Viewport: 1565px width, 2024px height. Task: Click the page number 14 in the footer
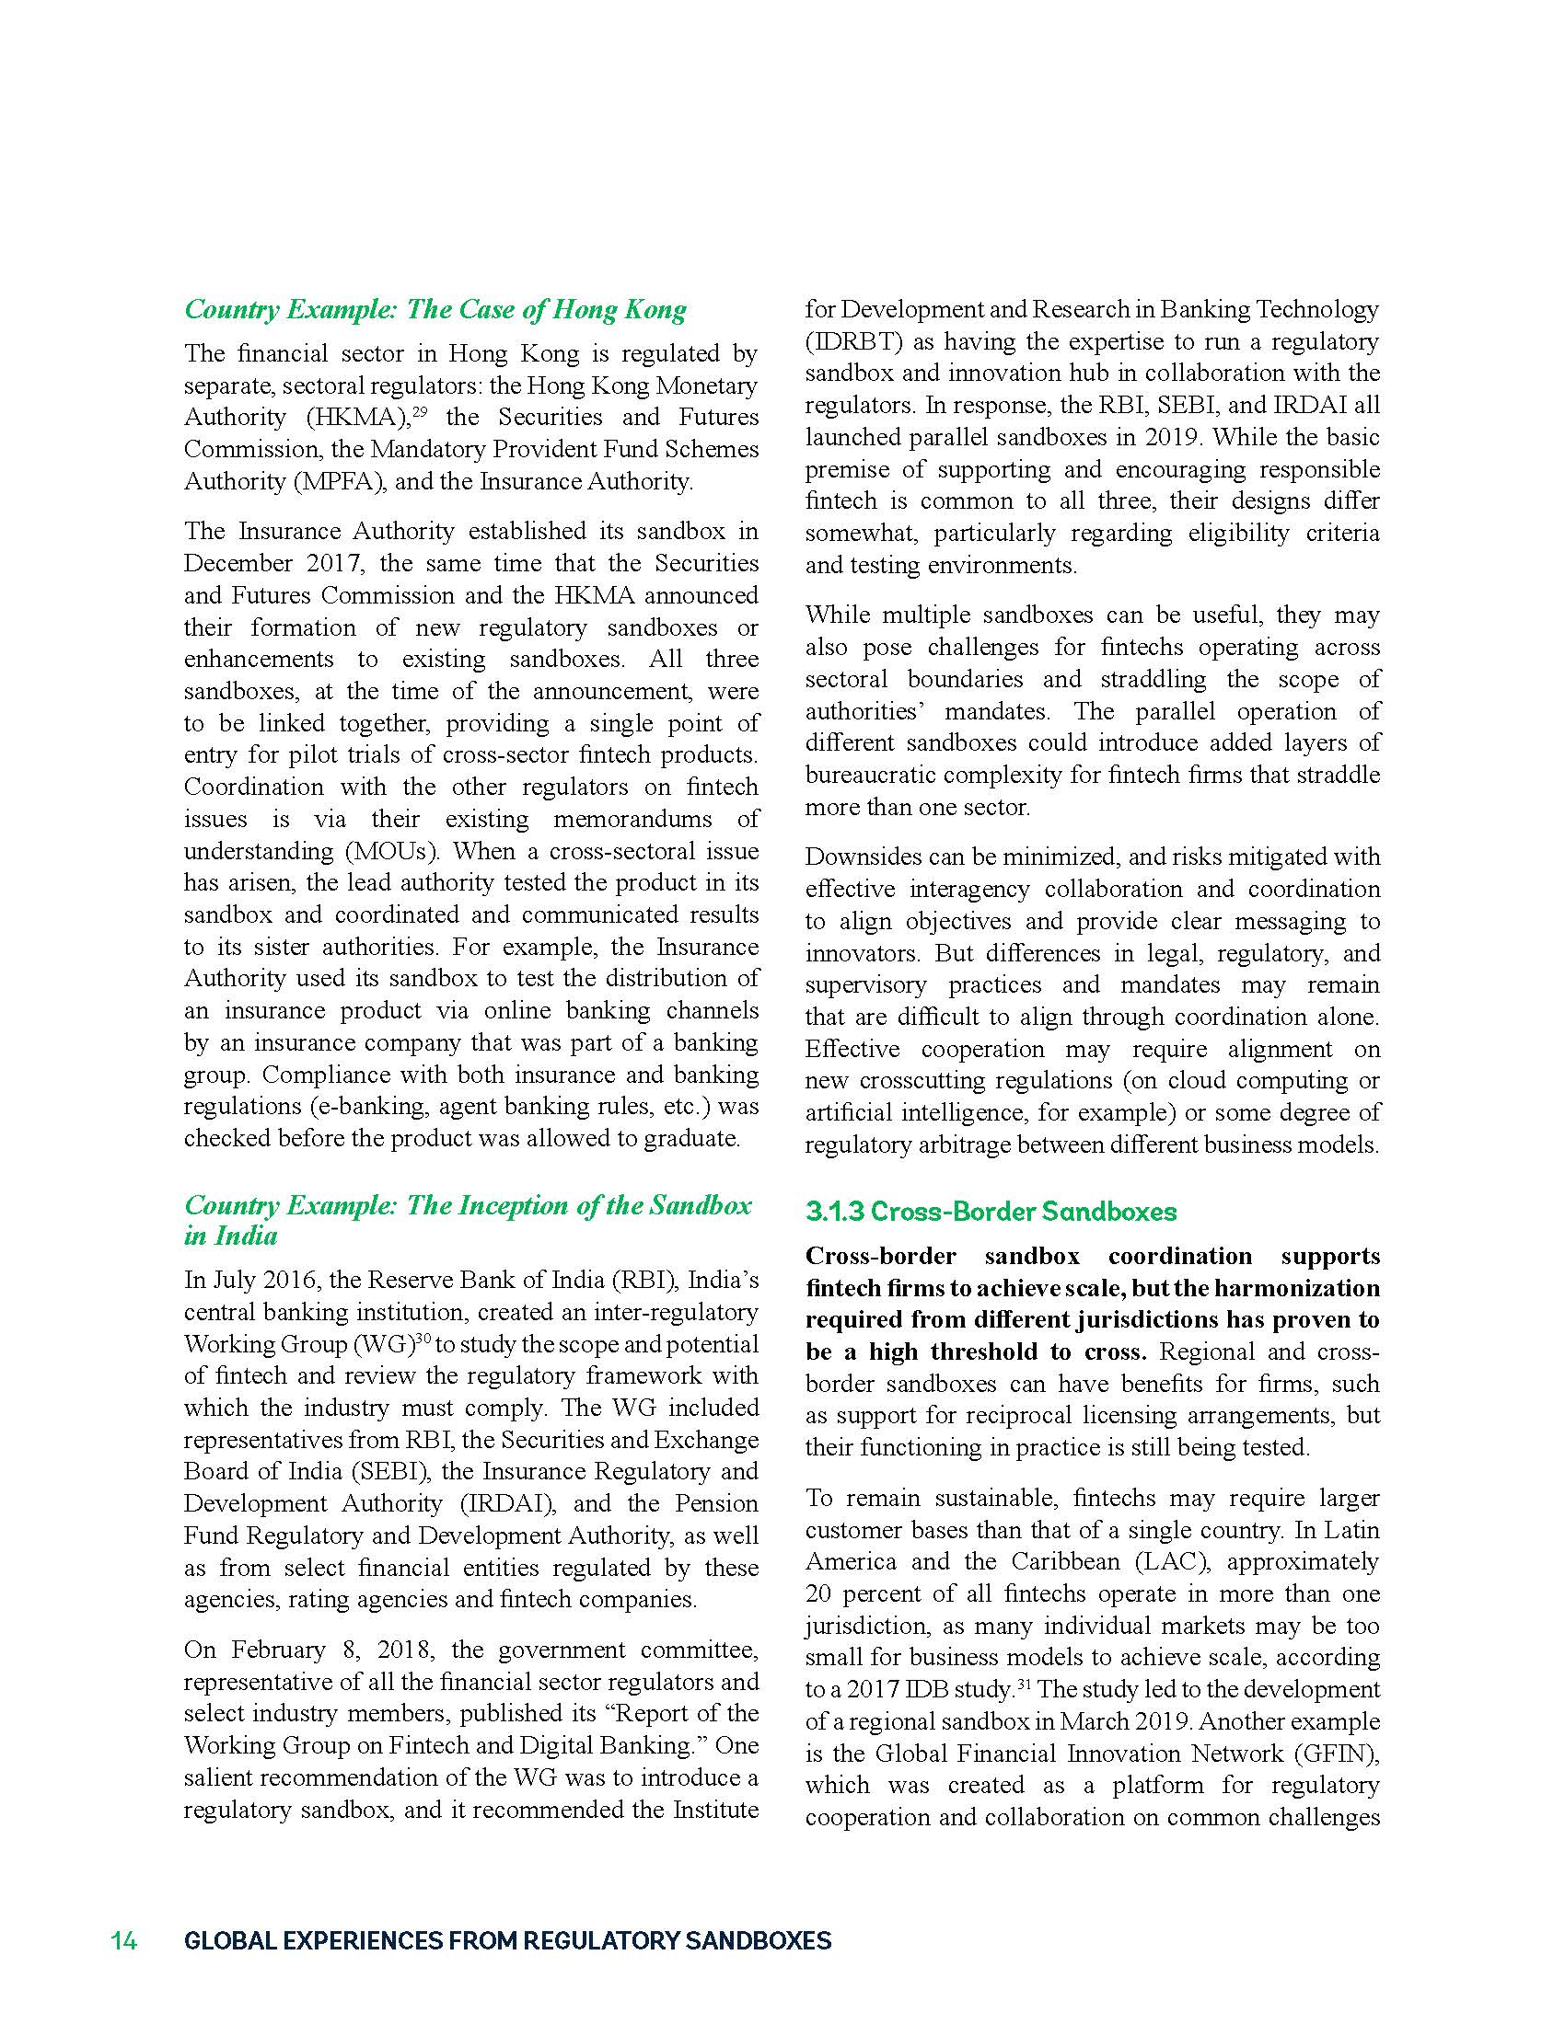pyautogui.click(x=124, y=1940)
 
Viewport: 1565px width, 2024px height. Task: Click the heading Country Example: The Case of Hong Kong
pyautogui.click(x=435, y=309)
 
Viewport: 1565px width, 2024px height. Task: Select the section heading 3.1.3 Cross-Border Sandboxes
pyautogui.click(x=991, y=1212)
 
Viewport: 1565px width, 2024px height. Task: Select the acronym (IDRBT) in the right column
pyautogui.click(x=854, y=341)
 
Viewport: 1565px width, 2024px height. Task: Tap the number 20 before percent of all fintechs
pyautogui.click(x=819, y=1594)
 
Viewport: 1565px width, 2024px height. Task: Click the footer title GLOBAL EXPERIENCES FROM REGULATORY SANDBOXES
pyautogui.click(x=507, y=1940)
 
